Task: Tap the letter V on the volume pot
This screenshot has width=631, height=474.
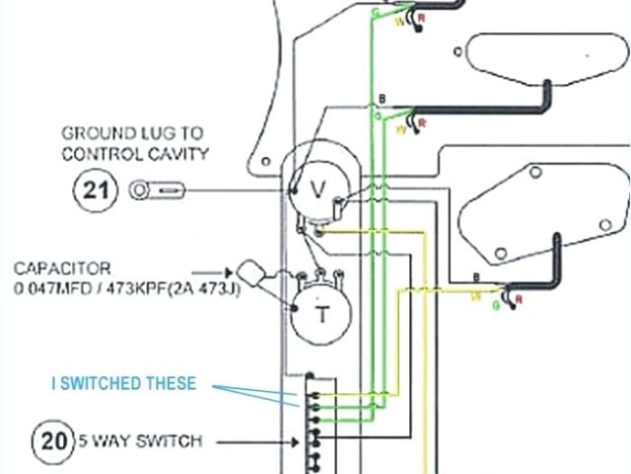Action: (317, 189)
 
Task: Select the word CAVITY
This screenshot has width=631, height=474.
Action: (180, 153)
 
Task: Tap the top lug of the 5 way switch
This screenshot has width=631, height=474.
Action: (311, 376)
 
